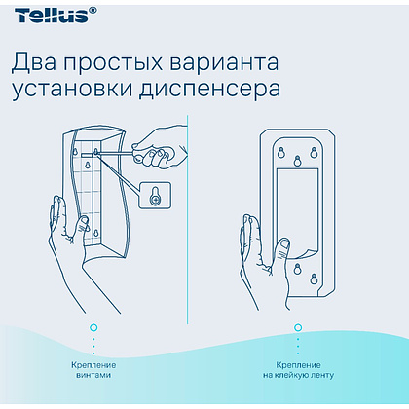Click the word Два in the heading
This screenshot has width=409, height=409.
pyautogui.click(x=36, y=62)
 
